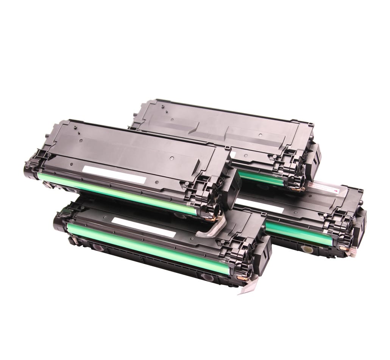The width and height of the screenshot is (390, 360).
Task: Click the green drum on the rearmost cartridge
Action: click(x=261, y=178)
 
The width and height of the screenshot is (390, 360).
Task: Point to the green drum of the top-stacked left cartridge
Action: click(x=117, y=193)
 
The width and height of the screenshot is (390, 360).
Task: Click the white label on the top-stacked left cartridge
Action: click(x=114, y=175)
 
